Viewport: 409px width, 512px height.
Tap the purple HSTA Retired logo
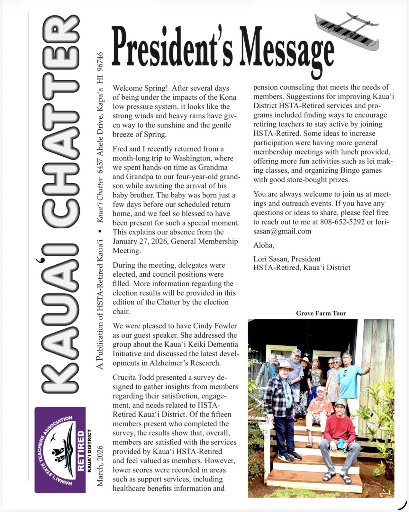60,450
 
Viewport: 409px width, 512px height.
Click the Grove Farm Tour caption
321,313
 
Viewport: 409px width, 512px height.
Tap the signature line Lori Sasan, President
287,259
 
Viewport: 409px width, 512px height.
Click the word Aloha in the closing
263,245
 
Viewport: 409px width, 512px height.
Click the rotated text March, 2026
100,466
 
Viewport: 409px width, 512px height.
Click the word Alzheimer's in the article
169,363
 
